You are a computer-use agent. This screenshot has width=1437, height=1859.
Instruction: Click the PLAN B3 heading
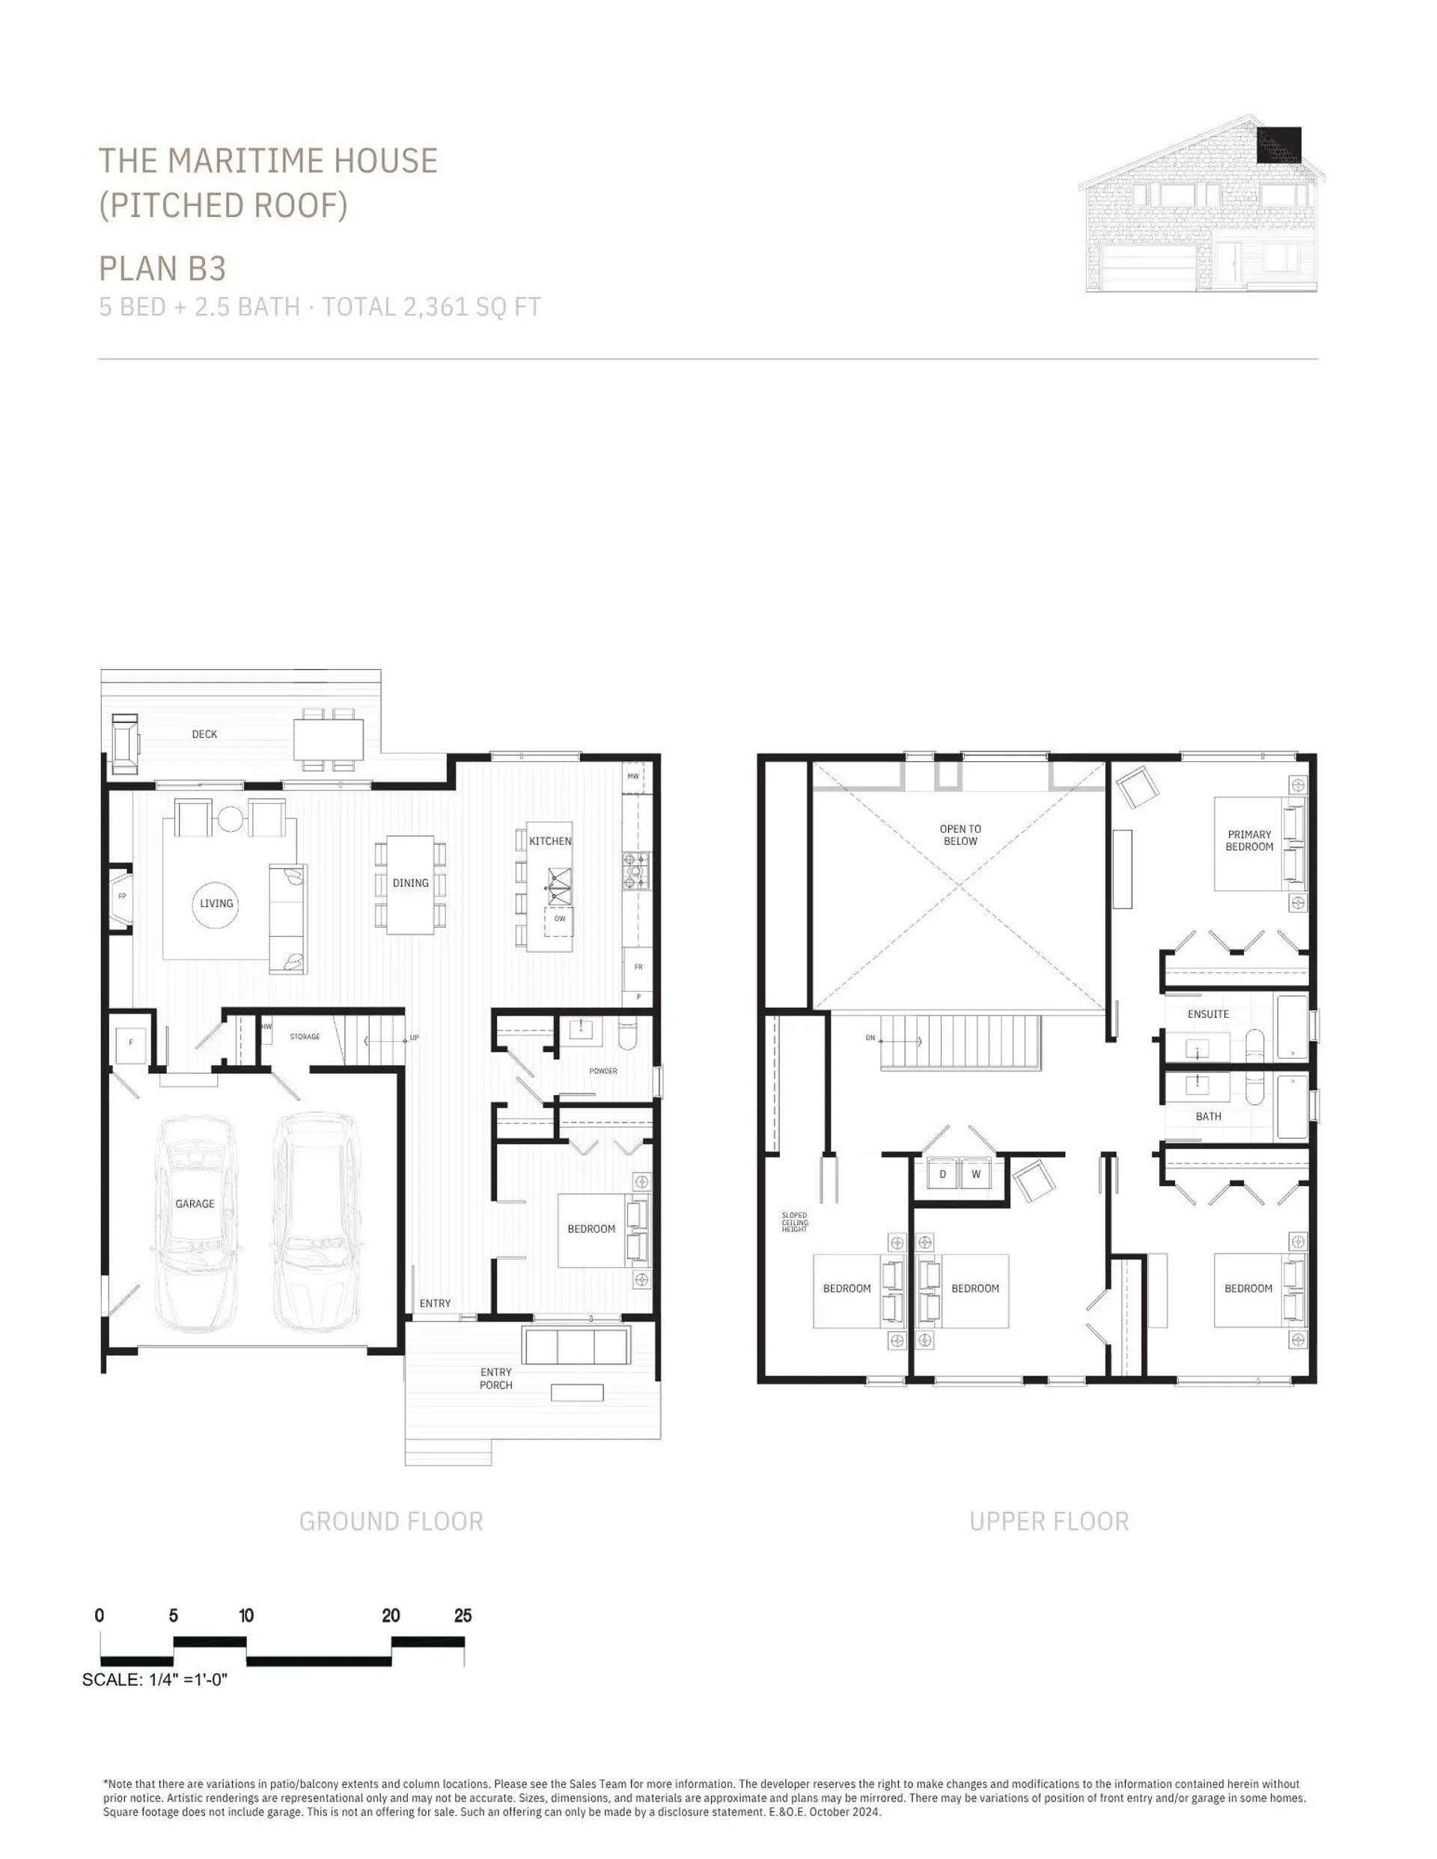(x=162, y=268)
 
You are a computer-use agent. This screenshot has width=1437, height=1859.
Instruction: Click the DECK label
(x=204, y=733)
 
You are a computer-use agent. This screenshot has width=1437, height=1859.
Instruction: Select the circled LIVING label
(x=216, y=903)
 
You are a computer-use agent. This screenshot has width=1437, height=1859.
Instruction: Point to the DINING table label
(x=410, y=882)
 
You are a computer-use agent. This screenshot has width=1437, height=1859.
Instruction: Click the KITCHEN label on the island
(x=550, y=841)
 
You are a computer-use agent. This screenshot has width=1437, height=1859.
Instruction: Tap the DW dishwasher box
(x=559, y=919)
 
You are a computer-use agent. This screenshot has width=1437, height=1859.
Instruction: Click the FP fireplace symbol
(x=122, y=897)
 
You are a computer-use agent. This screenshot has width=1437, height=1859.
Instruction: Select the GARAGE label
(x=195, y=1203)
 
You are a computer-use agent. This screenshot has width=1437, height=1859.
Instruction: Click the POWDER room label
(x=602, y=1071)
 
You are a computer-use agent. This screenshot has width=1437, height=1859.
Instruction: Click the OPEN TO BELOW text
(x=960, y=834)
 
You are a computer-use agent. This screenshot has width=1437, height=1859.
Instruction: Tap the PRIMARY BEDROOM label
(x=1249, y=840)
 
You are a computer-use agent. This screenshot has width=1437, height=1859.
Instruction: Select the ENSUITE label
(x=1208, y=1014)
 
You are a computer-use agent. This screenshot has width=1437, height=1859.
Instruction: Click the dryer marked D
(x=942, y=1173)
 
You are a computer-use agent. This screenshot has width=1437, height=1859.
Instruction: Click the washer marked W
(x=976, y=1173)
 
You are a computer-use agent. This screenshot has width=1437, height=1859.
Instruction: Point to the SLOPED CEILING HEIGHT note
(x=794, y=1222)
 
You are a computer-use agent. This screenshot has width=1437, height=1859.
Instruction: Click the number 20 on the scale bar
(x=391, y=1616)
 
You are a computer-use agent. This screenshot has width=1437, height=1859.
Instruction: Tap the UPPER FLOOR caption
(x=1049, y=1521)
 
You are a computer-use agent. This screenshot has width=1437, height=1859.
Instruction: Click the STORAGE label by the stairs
(x=305, y=1037)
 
